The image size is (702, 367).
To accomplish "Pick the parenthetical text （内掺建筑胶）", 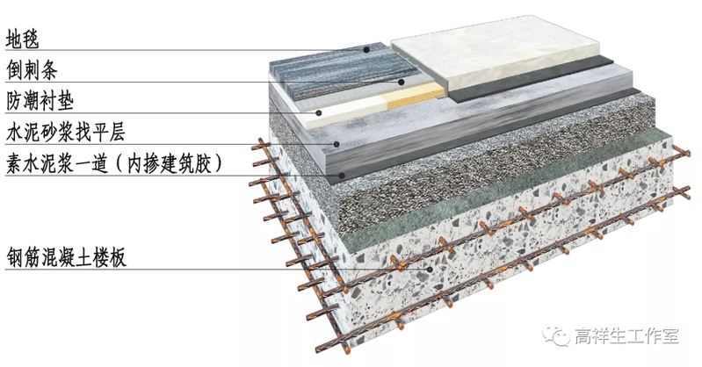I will tap(175, 163).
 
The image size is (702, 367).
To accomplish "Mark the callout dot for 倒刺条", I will tap(402, 83).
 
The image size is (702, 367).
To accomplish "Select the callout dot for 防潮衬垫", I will tap(317, 113).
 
